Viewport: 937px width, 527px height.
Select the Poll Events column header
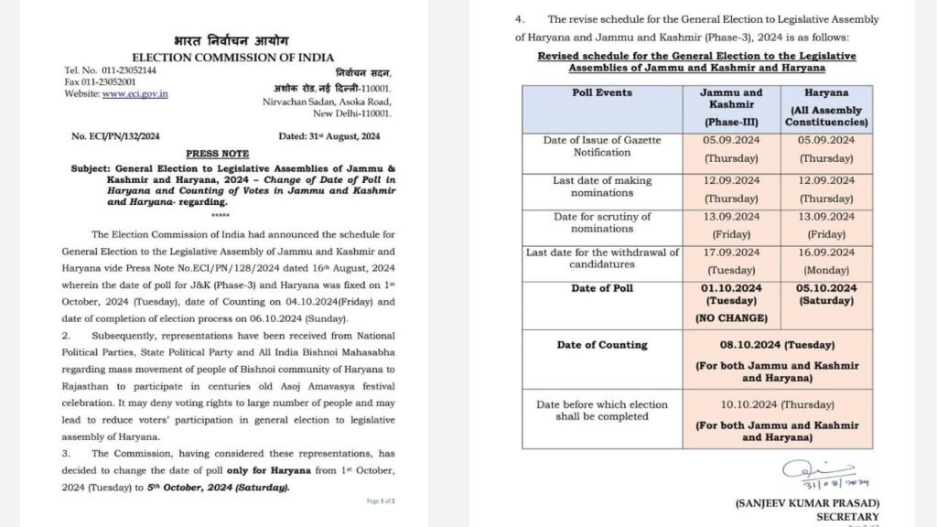603,105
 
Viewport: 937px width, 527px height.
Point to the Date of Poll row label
603,289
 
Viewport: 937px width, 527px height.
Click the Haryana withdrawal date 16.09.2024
824,253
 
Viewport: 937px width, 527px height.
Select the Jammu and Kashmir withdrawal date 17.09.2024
730,253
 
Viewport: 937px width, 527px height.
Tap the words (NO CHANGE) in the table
730,319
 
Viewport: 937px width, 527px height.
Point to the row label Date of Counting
603,345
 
